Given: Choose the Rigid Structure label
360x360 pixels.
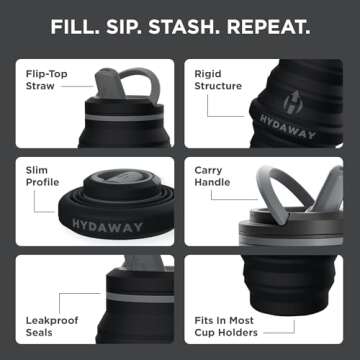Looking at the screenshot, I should tap(213, 79).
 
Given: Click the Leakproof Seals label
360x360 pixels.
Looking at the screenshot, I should tap(47, 324).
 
